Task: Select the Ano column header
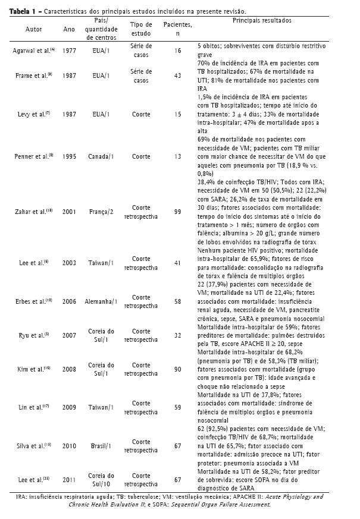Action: coord(69,29)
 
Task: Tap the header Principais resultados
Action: coord(261,20)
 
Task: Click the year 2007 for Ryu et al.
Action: coord(69,334)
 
